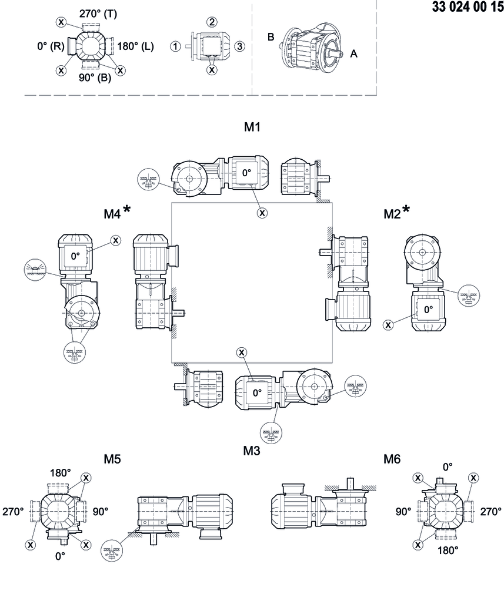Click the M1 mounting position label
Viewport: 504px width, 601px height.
click(x=252, y=127)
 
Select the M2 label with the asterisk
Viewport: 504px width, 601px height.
click(x=396, y=213)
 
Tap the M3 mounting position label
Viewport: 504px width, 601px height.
click(x=252, y=451)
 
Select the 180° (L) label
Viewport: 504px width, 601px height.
click(x=135, y=46)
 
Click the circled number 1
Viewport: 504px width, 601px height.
click(x=175, y=46)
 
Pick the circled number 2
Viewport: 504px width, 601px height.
click(x=212, y=22)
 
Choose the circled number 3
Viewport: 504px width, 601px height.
click(x=239, y=46)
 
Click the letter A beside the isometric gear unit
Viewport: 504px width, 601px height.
click(x=354, y=53)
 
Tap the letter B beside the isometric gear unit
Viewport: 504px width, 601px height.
click(x=271, y=37)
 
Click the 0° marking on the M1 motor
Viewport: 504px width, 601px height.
click(x=246, y=173)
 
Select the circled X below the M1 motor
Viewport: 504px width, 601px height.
click(x=262, y=213)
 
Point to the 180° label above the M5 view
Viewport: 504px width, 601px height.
click(x=60, y=472)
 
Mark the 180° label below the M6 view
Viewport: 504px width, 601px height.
click(x=448, y=550)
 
